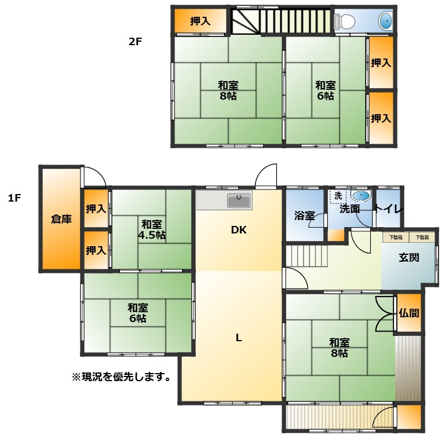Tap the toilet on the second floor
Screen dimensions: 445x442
point(345,21)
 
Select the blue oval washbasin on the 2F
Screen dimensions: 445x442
point(386,21)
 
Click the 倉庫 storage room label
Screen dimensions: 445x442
point(61,219)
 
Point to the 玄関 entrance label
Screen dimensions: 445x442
point(408,257)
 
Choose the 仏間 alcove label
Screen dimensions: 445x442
point(408,313)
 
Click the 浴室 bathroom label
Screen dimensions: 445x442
point(304,215)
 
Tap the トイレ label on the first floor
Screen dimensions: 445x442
point(388,209)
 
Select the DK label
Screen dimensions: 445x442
point(239,230)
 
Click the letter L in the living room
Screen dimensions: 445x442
point(239,338)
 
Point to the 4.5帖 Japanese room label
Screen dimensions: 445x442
point(152,235)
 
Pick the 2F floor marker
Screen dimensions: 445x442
point(135,42)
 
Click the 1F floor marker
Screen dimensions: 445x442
point(14,198)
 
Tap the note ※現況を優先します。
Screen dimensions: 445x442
point(122,377)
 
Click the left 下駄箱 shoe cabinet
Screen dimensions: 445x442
point(396,237)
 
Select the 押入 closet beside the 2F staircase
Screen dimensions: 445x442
point(200,21)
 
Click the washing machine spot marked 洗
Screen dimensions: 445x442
point(338,196)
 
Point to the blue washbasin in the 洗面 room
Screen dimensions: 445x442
point(361,196)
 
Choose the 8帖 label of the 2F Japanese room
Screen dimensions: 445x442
point(228,96)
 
